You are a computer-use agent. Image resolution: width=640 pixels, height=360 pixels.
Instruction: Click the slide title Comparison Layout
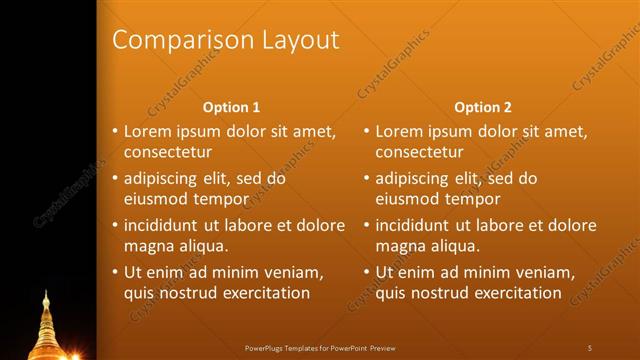[225, 40]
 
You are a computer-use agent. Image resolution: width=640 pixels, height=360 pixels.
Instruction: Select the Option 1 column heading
[231, 106]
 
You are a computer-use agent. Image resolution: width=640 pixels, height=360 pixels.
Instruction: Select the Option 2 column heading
[482, 106]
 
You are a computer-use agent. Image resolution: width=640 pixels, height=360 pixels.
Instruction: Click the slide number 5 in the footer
[590, 347]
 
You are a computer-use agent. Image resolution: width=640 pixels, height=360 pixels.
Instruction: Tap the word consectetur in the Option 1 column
[168, 153]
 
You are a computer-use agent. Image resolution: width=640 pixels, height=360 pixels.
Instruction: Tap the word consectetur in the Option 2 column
[419, 153]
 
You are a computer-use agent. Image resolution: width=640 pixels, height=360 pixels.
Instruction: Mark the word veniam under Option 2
[545, 272]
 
